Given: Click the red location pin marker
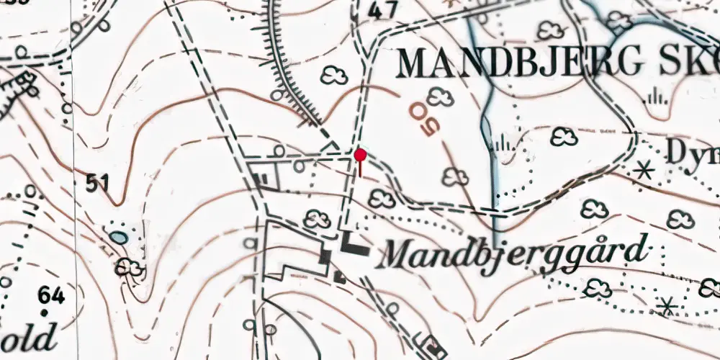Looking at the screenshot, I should coord(360,155).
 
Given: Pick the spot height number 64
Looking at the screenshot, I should coord(52,295).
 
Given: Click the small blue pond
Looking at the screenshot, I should coord(119,238).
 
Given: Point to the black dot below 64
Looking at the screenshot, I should coord(45,312).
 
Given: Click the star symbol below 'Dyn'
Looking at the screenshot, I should coord(645,171).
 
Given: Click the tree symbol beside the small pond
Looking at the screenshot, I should coord(130,268).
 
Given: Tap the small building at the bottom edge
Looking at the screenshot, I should coord(433,346).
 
